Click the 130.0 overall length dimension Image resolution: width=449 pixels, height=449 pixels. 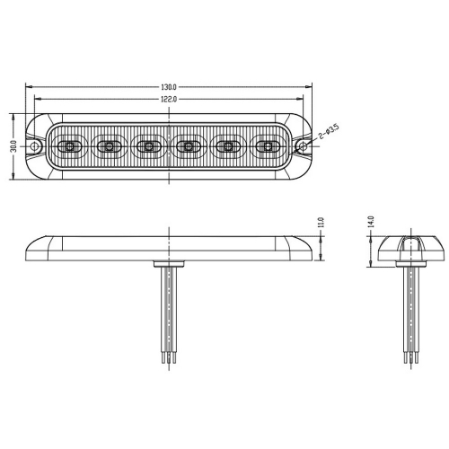tap(169, 87)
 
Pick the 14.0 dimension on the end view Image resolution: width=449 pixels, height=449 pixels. tap(369, 221)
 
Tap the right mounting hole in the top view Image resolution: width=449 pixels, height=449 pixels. tap(303, 145)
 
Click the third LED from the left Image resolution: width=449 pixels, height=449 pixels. tap(148, 145)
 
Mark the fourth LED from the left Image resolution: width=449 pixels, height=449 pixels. tap(189, 145)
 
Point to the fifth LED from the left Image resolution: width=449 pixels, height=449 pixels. tap(228, 145)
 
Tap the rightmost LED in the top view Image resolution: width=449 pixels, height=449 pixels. tap(268, 145)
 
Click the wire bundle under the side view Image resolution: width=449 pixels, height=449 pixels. tap(169, 314)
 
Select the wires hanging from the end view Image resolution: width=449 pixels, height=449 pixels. tap(410, 314)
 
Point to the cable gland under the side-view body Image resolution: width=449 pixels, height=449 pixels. tap(169, 262)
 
